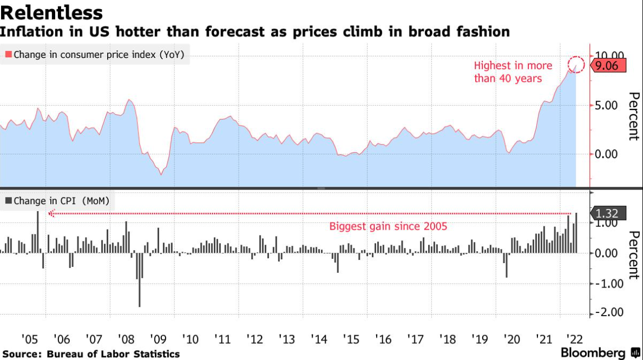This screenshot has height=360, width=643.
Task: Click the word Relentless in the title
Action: (52, 12)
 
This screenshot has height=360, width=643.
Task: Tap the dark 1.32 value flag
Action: (609, 213)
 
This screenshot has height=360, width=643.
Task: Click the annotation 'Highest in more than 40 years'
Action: (513, 72)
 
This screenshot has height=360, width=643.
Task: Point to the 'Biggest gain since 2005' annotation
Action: (388, 226)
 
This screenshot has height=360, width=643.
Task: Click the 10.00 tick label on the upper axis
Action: (609, 55)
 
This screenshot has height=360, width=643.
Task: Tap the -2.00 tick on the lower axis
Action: (609, 313)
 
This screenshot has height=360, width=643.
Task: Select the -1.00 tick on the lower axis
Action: (609, 283)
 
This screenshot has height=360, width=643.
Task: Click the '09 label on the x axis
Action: (158, 339)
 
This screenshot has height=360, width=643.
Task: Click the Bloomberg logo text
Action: (593, 353)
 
